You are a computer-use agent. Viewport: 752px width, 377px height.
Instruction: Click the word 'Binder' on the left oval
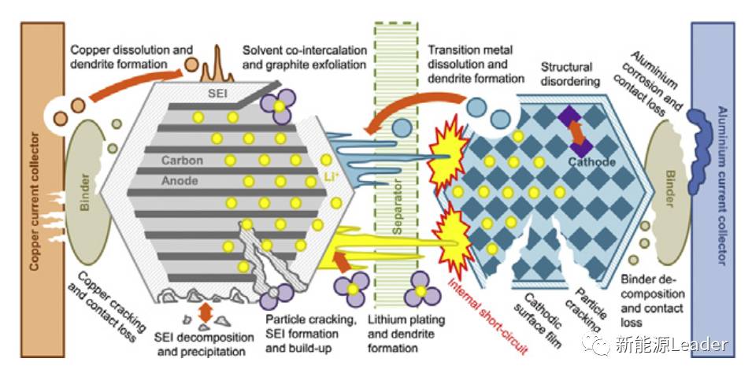[x=86, y=190]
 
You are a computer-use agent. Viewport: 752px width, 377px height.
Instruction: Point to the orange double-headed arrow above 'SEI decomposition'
[x=206, y=312]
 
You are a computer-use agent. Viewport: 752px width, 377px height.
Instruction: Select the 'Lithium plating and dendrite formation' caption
[x=407, y=334]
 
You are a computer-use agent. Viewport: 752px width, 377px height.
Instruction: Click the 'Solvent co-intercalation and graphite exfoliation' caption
[x=305, y=57]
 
